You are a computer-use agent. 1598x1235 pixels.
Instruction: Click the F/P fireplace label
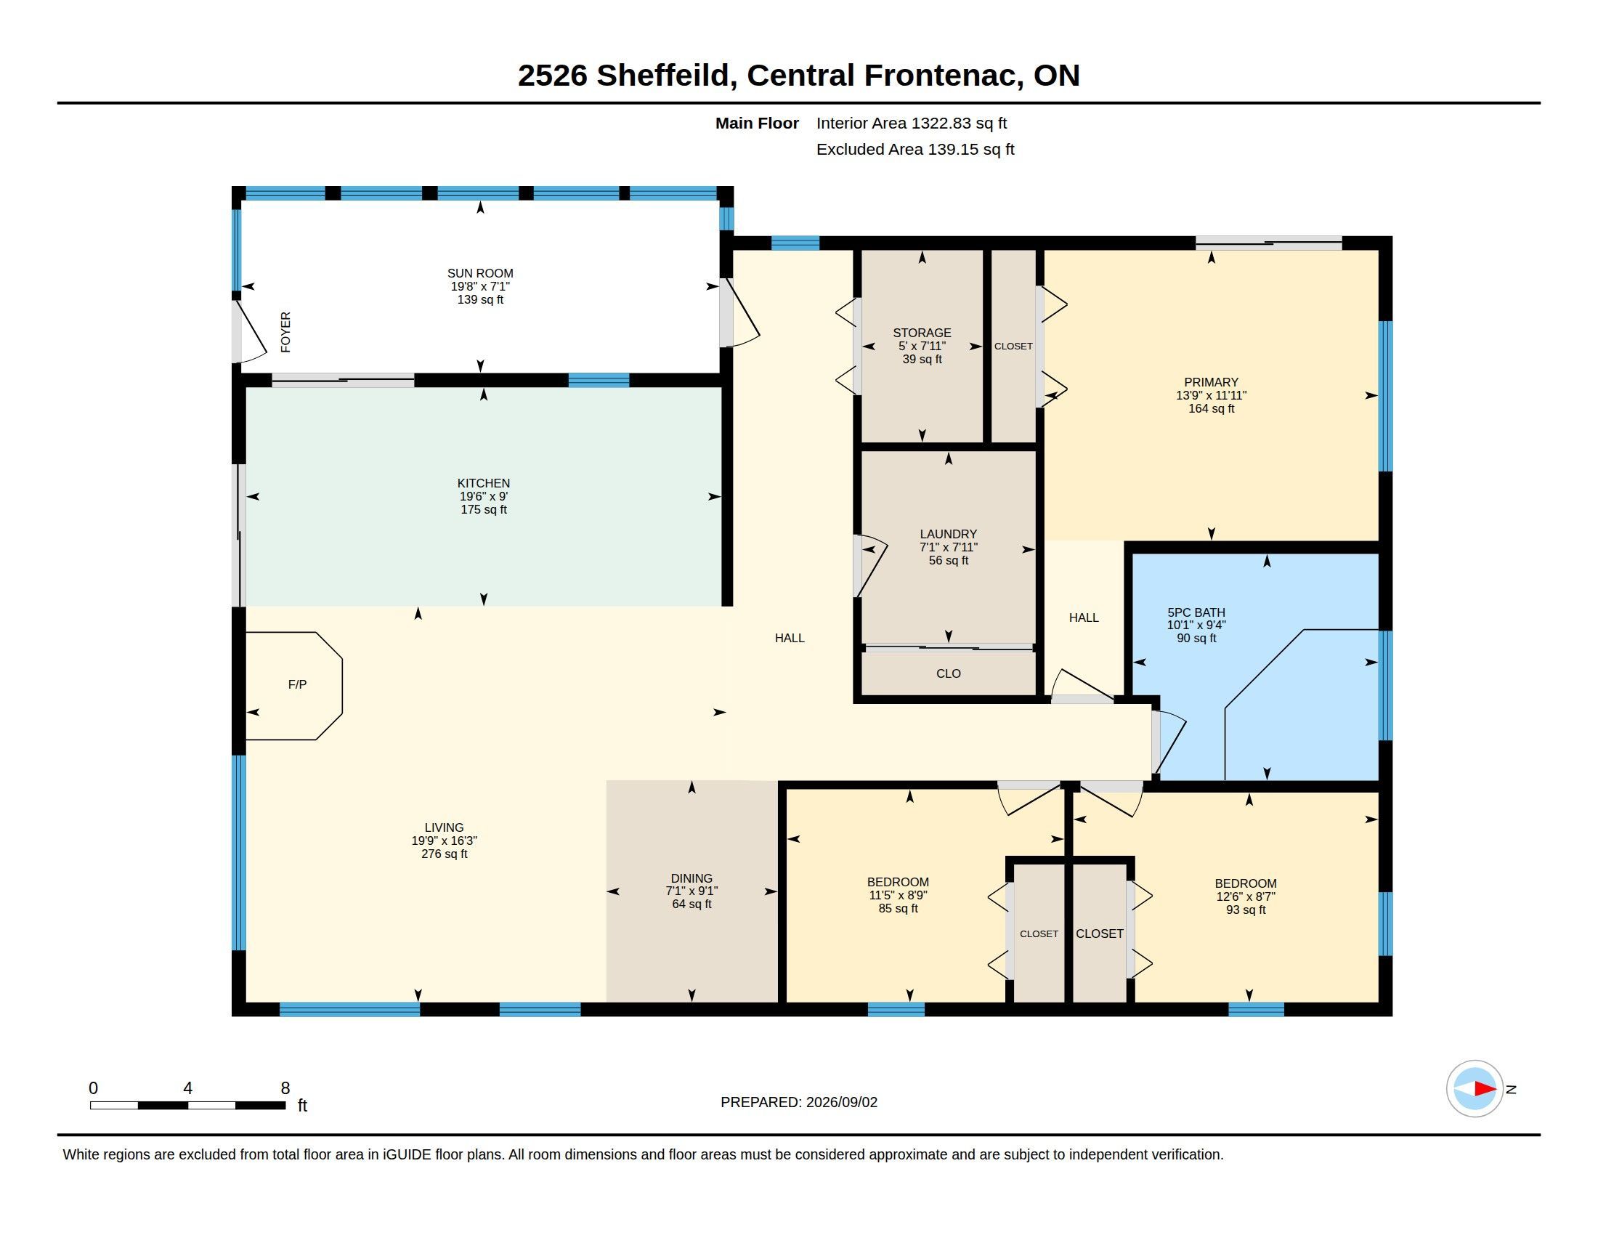point(297,684)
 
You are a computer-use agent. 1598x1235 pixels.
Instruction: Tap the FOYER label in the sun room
point(286,332)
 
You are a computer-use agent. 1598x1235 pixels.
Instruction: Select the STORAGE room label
point(922,333)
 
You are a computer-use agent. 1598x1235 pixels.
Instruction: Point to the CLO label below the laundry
point(948,673)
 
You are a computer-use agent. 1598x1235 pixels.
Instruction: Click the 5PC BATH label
point(1196,612)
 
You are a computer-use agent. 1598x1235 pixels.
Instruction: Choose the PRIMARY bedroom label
point(1211,382)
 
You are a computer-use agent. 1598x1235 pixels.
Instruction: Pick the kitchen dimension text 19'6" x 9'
point(484,496)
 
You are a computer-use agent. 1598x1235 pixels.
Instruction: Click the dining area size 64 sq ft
point(691,904)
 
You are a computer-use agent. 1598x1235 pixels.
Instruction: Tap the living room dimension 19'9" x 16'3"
point(444,841)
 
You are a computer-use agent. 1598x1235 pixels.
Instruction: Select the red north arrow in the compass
point(1485,1089)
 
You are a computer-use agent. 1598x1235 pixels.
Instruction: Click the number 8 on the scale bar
point(285,1088)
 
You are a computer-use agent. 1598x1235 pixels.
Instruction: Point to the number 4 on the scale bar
point(188,1088)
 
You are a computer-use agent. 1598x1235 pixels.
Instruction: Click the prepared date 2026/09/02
point(841,1102)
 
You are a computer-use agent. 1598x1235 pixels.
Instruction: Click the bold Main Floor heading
point(757,123)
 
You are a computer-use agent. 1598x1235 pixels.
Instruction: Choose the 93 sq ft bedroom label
point(1245,910)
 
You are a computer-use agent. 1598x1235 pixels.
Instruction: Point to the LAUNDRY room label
point(948,534)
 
